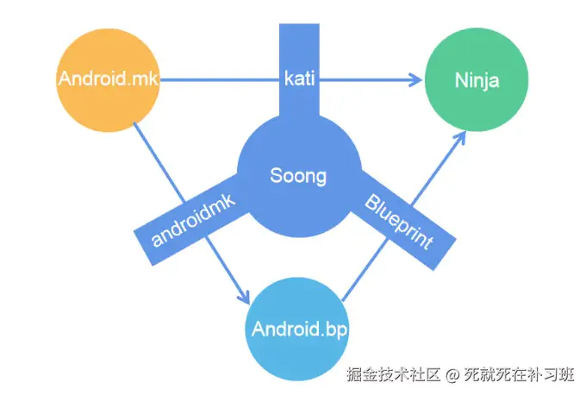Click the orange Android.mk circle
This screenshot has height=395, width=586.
tap(108, 80)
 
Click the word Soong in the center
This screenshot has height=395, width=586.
tap(298, 176)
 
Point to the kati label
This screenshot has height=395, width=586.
tap(299, 79)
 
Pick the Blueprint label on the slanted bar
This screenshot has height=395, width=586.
tap(398, 223)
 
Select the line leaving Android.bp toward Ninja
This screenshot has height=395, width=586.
tap(362, 276)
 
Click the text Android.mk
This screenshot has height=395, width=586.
tap(108, 80)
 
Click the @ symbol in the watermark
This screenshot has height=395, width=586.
tap(453, 376)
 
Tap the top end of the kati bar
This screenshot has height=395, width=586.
tap(299, 28)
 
